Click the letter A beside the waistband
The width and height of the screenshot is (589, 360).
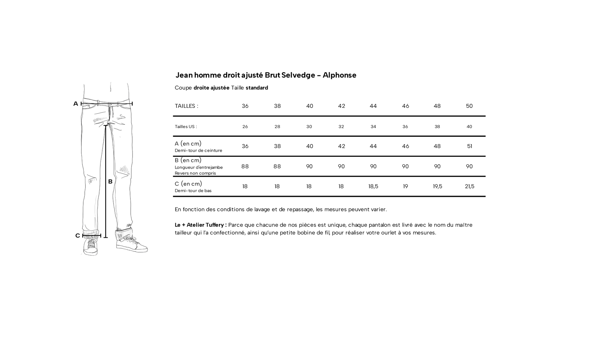[76, 104]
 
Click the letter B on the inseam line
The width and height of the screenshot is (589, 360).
[110, 182]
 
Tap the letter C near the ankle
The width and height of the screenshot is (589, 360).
[77, 236]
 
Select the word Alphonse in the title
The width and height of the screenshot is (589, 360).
[339, 75]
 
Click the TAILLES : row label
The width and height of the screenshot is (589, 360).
[186, 106]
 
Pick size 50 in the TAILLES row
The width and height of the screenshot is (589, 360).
[469, 106]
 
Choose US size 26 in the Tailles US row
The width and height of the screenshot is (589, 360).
[245, 127]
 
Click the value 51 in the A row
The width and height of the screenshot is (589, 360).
[469, 146]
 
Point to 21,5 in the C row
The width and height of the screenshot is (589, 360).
[469, 187]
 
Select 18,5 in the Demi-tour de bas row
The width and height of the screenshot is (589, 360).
[373, 187]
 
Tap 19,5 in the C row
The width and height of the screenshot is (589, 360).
[437, 187]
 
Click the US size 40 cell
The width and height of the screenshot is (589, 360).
[469, 127]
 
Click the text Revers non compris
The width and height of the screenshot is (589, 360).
[195, 173]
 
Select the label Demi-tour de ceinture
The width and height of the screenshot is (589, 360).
[198, 150]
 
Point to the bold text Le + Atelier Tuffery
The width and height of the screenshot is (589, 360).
[200, 225]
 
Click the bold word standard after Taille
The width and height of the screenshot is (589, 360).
[257, 88]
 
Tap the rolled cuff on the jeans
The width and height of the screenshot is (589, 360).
[124, 234]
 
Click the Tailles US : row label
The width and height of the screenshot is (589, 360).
[186, 127]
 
